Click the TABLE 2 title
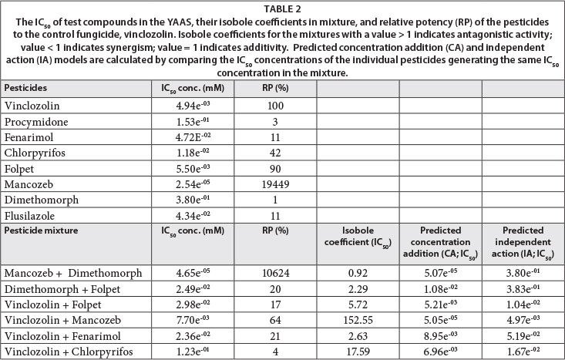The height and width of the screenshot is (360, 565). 282,8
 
